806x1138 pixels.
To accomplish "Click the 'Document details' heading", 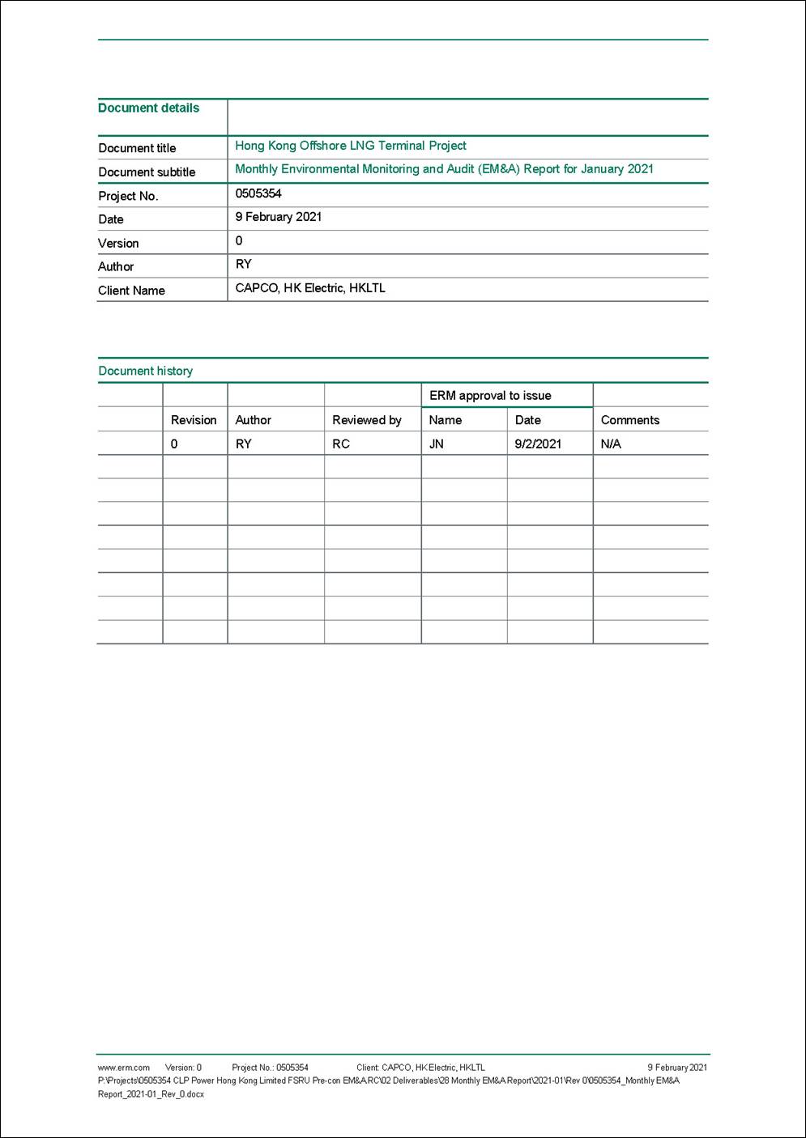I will [148, 108].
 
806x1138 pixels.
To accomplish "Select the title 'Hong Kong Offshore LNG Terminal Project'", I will [350, 146].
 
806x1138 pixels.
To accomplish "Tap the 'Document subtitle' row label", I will [147, 172].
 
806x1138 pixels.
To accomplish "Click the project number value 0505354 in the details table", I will [258, 193].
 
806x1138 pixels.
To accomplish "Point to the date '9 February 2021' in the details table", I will [278, 217].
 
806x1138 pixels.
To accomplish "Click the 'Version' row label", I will [118, 243].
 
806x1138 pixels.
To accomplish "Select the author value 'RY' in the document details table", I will [243, 265].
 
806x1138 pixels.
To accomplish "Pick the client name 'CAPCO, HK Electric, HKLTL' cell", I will [310, 288].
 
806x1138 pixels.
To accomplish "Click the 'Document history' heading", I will [145, 371].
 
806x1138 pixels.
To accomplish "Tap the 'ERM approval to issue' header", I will [490, 396].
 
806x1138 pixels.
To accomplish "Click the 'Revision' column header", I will [194, 420].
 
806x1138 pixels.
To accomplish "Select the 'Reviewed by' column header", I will [366, 420].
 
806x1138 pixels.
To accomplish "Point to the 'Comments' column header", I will [629, 420].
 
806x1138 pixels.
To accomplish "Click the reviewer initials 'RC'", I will [341, 444].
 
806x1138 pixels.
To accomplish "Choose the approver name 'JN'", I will [436, 444].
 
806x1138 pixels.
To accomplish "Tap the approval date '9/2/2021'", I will [538, 444].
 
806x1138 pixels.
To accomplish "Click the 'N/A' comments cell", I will [611, 444].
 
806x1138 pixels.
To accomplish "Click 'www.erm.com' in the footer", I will [124, 1068].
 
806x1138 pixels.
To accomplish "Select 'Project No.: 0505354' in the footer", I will [270, 1068].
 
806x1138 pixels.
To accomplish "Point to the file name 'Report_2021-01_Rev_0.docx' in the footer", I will [151, 1094].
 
